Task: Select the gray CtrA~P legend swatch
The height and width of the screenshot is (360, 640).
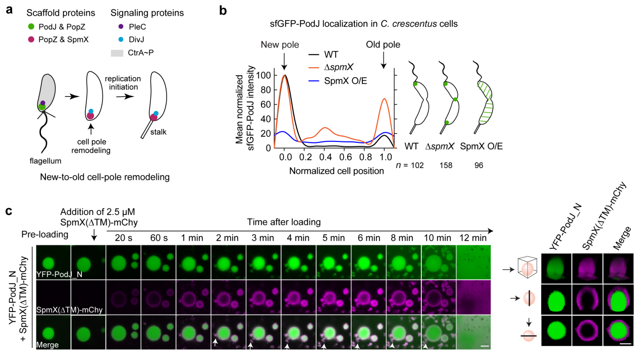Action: [116, 52]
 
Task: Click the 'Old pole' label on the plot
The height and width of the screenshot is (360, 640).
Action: [383, 45]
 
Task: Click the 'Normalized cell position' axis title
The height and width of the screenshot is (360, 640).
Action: [337, 171]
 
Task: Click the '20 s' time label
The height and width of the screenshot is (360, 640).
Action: [123, 237]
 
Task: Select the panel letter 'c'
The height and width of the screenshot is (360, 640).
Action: [9, 210]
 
